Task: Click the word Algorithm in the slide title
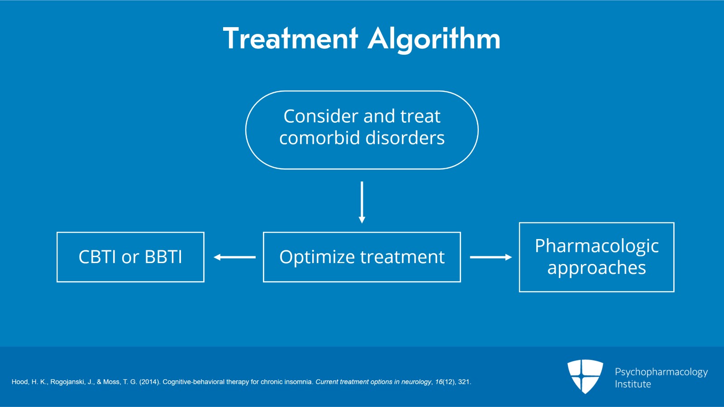(x=434, y=39)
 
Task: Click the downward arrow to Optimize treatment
(x=362, y=202)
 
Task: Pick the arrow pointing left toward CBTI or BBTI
(x=234, y=257)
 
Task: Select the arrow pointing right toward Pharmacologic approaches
(x=491, y=257)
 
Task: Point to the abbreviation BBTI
(x=163, y=257)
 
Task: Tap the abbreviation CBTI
(x=97, y=257)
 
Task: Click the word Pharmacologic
(x=596, y=246)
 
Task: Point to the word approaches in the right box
(x=596, y=268)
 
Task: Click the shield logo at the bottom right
(x=585, y=376)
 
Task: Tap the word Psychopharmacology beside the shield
(x=661, y=372)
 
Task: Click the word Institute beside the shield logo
(x=633, y=384)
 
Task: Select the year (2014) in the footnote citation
(x=149, y=382)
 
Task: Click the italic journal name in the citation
(x=373, y=382)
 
